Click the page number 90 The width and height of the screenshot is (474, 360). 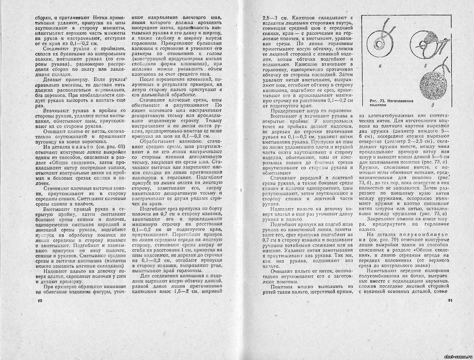(40, 301)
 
